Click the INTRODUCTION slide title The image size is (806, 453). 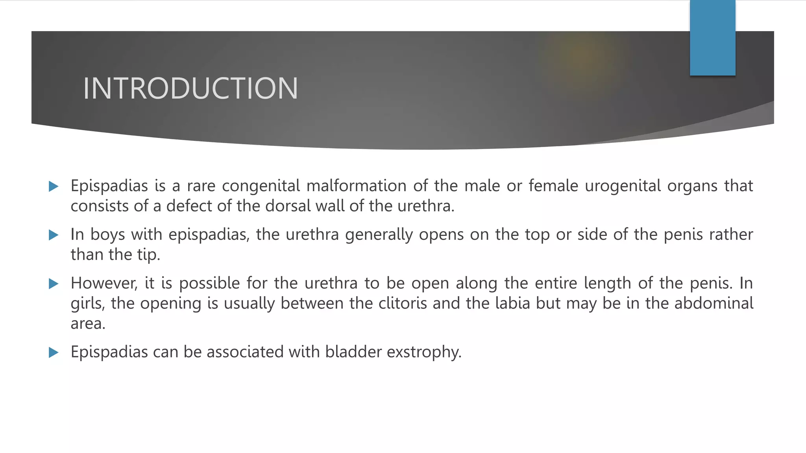point(190,88)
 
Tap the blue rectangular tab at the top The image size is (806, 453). point(712,38)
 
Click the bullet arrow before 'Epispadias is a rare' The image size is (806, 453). point(54,186)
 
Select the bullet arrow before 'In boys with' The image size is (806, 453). point(54,235)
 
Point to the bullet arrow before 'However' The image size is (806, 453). point(54,284)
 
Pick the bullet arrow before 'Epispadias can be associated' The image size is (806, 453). point(54,352)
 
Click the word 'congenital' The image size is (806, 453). point(261,186)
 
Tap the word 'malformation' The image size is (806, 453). point(356,186)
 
